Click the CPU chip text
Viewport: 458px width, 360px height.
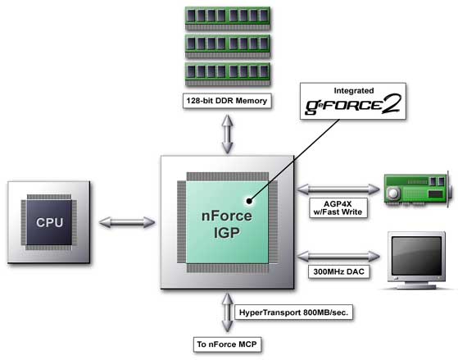[x=49, y=222]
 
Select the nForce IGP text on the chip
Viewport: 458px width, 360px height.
[x=227, y=225]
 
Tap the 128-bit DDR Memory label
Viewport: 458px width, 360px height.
[x=227, y=101]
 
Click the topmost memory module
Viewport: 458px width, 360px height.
[x=228, y=18]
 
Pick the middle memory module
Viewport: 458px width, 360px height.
[x=228, y=46]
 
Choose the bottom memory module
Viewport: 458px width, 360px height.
[x=228, y=75]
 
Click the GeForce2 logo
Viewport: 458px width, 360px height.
[x=353, y=105]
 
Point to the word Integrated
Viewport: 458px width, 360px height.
[x=354, y=91]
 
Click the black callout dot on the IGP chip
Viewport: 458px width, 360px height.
[x=249, y=201]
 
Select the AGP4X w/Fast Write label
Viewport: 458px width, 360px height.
[x=338, y=208]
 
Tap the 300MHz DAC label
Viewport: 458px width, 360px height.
[x=339, y=271]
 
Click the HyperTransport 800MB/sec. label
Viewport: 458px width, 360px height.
[x=293, y=312]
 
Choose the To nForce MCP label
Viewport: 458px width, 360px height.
[x=227, y=344]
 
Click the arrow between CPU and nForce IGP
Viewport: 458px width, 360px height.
[x=127, y=222]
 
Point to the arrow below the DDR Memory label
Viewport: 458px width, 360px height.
[x=227, y=134]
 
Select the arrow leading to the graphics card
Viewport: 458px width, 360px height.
[x=338, y=189]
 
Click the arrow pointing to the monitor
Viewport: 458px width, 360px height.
[x=338, y=257]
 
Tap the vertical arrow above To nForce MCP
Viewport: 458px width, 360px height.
[x=227, y=312]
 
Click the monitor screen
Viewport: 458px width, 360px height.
[x=416, y=256]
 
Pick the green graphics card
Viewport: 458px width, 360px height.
[x=419, y=189]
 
